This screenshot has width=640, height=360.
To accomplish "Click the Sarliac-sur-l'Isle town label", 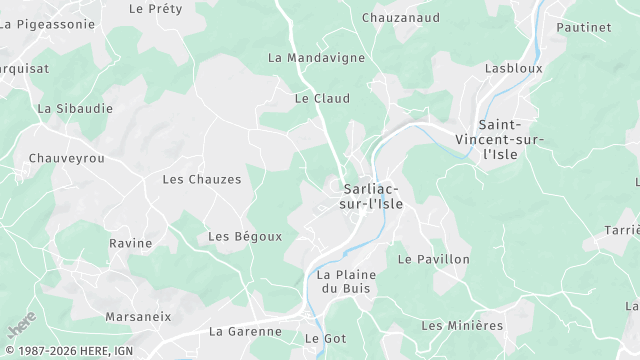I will (372, 196).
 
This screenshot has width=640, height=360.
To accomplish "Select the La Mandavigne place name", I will (316, 58).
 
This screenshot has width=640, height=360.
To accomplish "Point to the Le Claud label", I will (322, 99).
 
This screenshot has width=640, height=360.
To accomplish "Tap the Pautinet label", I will (583, 27).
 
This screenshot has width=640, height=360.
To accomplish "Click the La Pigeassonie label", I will (47, 23).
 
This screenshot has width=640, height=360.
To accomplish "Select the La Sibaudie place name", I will (75, 108).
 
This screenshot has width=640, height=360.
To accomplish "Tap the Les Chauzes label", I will (202, 179).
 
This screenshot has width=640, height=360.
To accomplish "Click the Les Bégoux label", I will (245, 236).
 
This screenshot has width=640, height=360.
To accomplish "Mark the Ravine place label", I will (131, 243).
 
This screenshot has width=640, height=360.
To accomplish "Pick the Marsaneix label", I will (138, 316).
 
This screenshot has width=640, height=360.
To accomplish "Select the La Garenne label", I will (245, 331).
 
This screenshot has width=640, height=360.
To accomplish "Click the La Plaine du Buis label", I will (343, 281).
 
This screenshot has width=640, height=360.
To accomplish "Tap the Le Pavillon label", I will (433, 259).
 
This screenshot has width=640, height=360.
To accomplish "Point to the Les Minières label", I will (462, 325).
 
